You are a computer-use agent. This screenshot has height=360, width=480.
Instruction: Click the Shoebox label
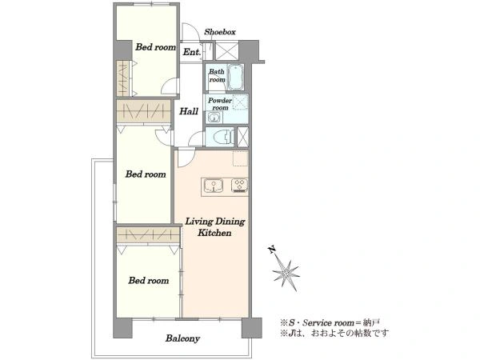[x=220, y=32]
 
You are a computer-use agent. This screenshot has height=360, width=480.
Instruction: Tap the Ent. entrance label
[x=192, y=52]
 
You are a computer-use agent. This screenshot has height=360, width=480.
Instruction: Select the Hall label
[x=189, y=111]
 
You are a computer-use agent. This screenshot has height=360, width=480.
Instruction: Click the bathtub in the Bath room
[x=235, y=77]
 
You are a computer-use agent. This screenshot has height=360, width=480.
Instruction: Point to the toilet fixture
[x=221, y=137]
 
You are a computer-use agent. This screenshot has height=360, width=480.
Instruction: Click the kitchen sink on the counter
[x=214, y=186]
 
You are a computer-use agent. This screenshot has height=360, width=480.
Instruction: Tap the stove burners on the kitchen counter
[x=239, y=186]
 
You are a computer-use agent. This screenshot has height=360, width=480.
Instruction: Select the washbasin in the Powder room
[x=214, y=118]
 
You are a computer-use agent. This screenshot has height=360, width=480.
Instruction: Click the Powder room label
[x=220, y=104]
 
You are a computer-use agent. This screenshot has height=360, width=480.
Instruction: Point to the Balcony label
[x=182, y=338]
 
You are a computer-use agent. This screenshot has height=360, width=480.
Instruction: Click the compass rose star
[x=286, y=273]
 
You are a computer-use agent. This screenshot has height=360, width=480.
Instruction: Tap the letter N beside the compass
[x=271, y=250]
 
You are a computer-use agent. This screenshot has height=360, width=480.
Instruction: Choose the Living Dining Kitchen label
[x=214, y=227]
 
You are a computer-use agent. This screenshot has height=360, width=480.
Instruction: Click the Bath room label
[x=217, y=76]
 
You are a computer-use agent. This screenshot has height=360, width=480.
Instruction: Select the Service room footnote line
[x=330, y=322]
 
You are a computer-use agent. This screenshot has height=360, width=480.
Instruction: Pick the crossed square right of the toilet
[x=243, y=137]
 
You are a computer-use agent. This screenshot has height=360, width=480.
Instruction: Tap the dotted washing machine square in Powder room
[x=240, y=102]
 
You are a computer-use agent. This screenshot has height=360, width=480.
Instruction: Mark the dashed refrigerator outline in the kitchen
[x=241, y=158]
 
